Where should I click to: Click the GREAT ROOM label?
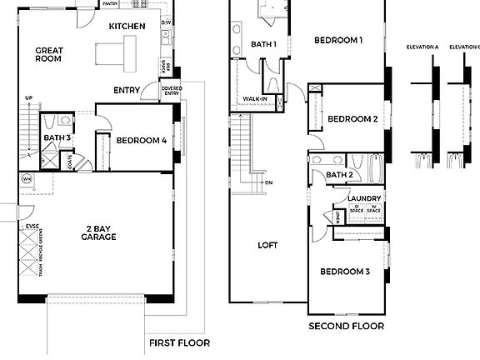(50, 56)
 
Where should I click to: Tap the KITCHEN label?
(127, 27)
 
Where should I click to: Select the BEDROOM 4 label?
(142, 141)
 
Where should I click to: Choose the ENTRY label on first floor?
(127, 90)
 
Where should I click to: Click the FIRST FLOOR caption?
(179, 342)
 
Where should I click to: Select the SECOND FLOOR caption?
(346, 326)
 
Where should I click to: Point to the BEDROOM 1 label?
(338, 40)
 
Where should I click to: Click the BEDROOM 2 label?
(352, 119)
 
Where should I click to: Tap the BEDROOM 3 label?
(345, 272)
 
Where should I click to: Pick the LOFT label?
(267, 245)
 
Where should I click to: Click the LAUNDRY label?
(364, 197)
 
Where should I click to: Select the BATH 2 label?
(338, 175)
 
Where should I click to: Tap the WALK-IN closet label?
(254, 99)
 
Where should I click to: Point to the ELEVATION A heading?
(422, 47)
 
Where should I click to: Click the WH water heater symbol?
(27, 178)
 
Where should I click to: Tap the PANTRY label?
(110, 4)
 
